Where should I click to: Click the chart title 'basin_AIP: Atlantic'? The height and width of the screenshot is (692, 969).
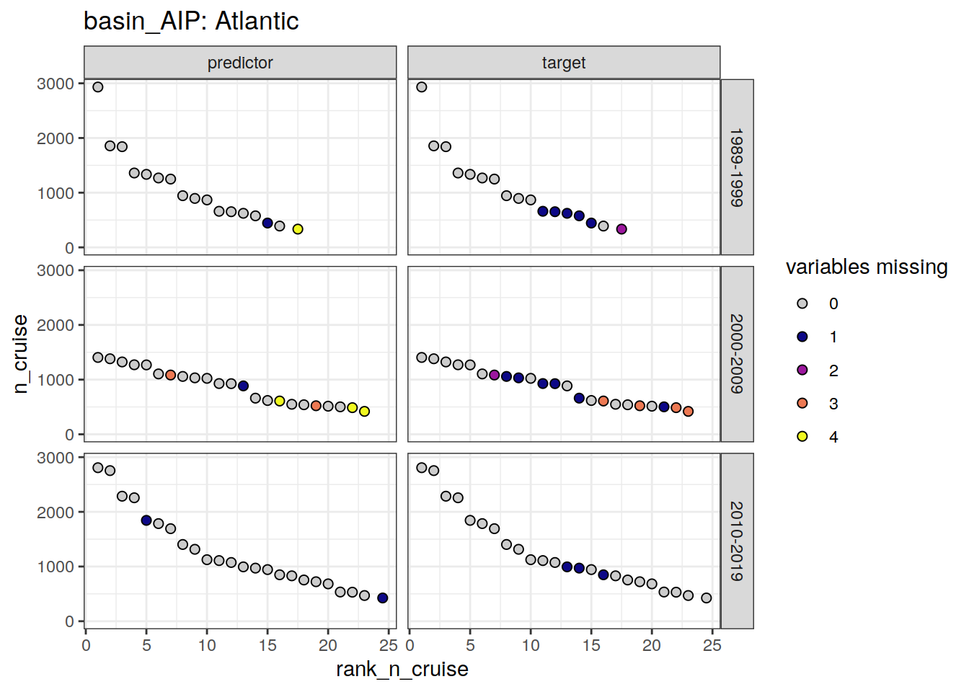point(191,21)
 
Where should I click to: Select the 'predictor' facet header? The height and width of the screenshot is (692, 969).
point(240,63)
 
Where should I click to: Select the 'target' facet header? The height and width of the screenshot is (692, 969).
point(564,63)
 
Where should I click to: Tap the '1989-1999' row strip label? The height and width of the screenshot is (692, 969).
point(736,167)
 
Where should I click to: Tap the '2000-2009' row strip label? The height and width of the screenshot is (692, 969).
point(736,354)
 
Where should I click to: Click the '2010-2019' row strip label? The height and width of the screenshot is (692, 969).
point(736,541)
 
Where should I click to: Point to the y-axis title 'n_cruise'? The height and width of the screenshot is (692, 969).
point(21,354)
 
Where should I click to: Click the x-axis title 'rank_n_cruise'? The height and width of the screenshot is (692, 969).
point(402,670)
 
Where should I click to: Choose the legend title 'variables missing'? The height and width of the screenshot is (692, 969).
point(867,267)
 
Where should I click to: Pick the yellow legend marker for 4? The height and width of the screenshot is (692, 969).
point(802,436)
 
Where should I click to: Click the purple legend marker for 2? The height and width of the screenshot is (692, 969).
point(802,370)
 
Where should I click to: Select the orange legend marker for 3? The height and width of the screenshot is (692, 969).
point(802,403)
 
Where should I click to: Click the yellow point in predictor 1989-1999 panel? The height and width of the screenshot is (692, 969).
point(298,229)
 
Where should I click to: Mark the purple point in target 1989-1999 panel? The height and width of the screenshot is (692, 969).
point(621,229)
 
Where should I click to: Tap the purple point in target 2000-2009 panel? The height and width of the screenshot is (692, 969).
point(495,375)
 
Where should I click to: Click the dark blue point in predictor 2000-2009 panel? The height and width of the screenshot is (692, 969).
point(243,386)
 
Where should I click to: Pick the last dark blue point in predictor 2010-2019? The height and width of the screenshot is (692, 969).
point(383,598)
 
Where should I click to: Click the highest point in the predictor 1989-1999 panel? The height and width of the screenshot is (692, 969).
point(98,87)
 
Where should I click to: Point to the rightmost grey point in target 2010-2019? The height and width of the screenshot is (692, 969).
point(707,598)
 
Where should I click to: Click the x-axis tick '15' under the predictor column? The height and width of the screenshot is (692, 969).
point(267,645)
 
